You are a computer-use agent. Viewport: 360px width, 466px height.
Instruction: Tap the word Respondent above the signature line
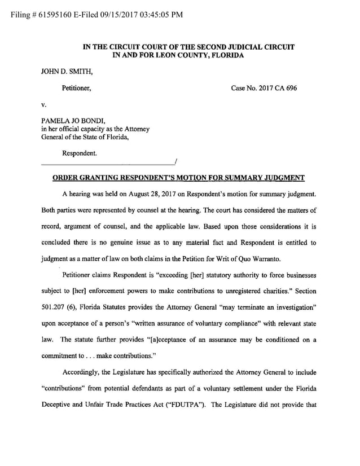coord(79,152)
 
